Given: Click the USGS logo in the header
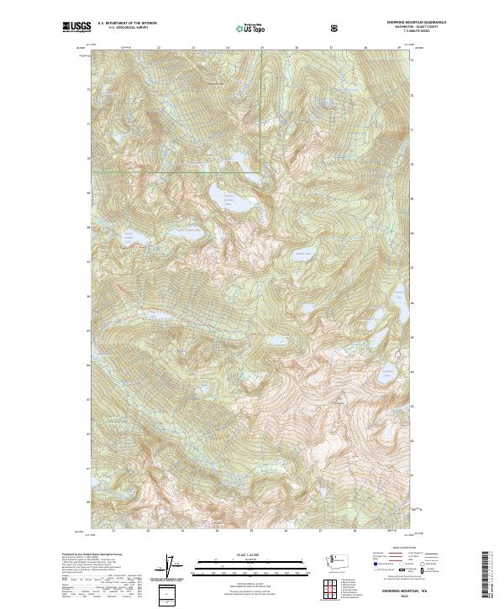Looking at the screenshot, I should [76, 28].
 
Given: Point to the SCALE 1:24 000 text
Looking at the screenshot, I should [251, 554].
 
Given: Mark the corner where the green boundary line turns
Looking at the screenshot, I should [261, 172].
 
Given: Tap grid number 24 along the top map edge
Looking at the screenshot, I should [228, 48].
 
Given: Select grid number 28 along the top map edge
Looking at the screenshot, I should [365, 48].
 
